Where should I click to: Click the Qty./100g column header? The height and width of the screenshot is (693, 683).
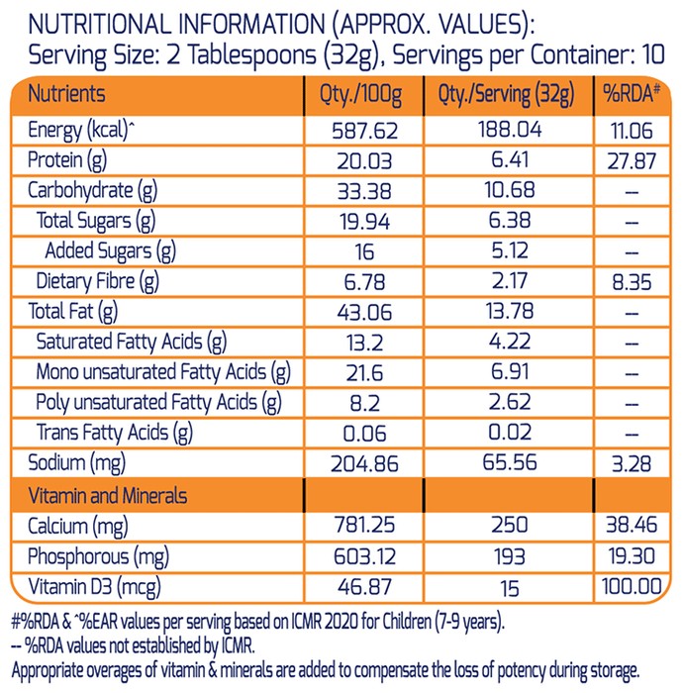click(x=361, y=95)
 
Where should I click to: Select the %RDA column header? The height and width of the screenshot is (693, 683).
click(x=632, y=94)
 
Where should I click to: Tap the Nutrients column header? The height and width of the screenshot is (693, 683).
click(x=66, y=94)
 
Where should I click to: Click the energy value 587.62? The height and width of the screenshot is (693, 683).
click(x=364, y=132)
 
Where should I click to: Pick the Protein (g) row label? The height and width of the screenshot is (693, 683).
click(x=67, y=160)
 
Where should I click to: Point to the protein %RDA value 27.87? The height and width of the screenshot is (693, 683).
click(x=632, y=161)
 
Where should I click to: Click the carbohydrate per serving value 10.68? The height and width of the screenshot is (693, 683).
click(x=510, y=190)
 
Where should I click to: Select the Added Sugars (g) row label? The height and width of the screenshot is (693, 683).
click(x=111, y=251)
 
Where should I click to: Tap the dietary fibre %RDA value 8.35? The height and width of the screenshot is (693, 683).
click(x=632, y=282)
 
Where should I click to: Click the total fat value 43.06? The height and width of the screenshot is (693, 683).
click(x=364, y=313)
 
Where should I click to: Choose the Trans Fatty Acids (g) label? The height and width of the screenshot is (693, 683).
click(x=115, y=434)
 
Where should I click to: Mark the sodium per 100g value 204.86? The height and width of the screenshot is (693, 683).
click(x=364, y=464)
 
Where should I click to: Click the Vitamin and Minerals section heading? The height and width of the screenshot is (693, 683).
click(x=107, y=496)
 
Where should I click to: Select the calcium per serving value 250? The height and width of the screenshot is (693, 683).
click(x=510, y=525)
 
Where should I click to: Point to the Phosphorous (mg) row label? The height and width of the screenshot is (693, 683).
click(x=98, y=557)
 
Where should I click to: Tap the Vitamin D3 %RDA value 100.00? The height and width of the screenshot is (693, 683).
click(x=632, y=586)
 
